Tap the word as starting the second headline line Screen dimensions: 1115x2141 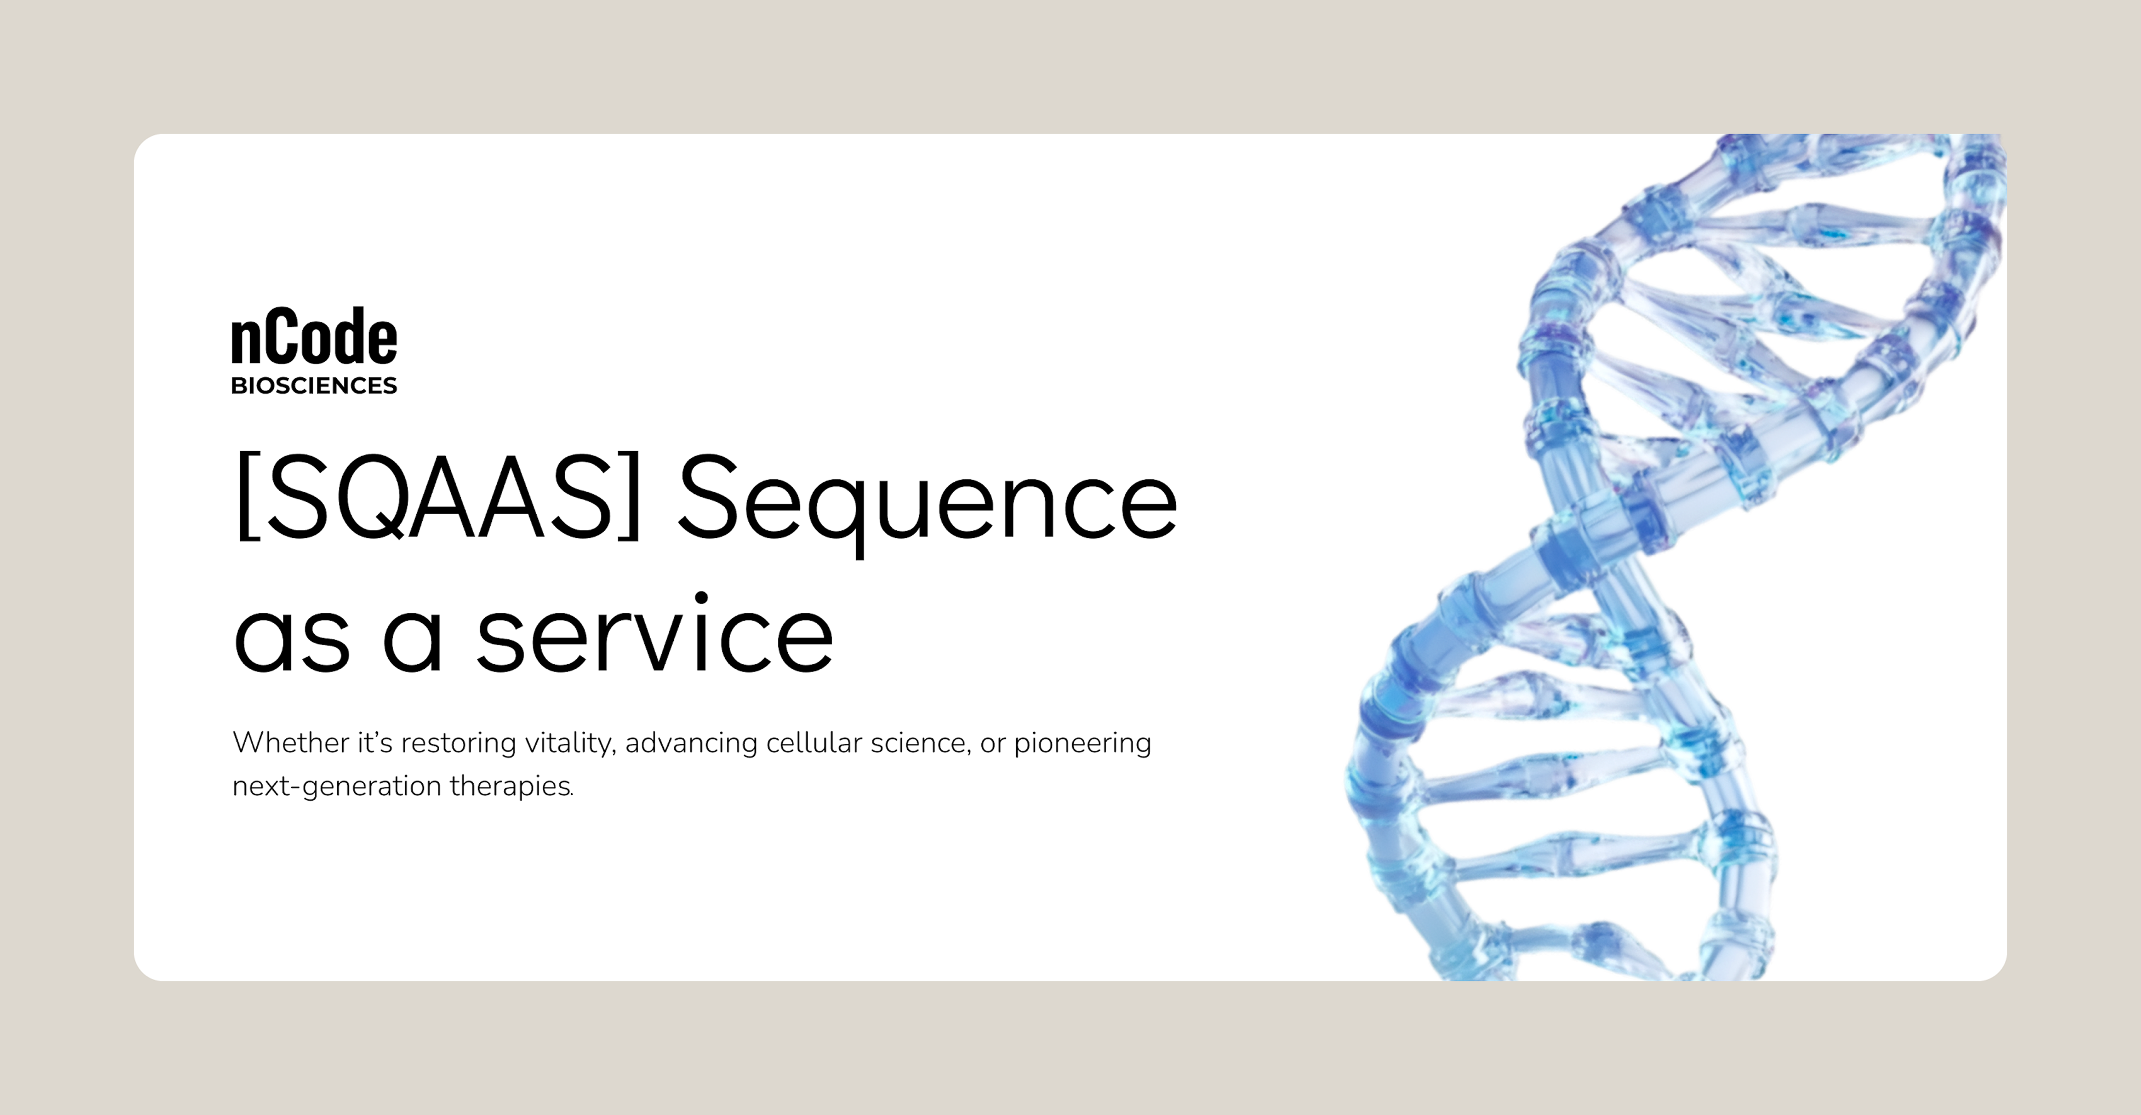(292, 640)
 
